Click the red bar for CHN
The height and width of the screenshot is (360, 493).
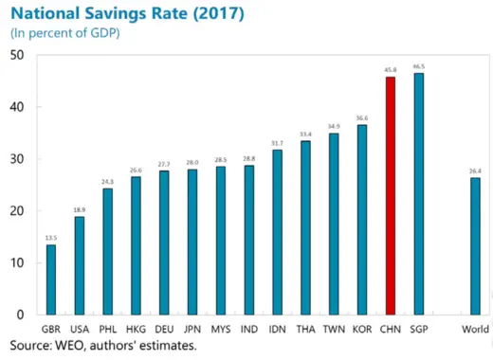click(390, 195)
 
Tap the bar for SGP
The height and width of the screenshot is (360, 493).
click(418, 193)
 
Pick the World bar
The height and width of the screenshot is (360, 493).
click(475, 245)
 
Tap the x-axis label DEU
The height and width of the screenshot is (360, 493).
click(163, 329)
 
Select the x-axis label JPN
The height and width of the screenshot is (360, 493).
click(192, 329)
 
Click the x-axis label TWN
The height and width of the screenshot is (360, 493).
click(333, 329)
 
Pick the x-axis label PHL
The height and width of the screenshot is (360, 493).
click(107, 329)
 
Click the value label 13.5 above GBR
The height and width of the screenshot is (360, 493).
click(50, 238)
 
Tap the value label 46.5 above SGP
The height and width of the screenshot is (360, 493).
click(418, 66)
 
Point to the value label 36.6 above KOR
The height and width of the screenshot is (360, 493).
click(361, 117)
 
